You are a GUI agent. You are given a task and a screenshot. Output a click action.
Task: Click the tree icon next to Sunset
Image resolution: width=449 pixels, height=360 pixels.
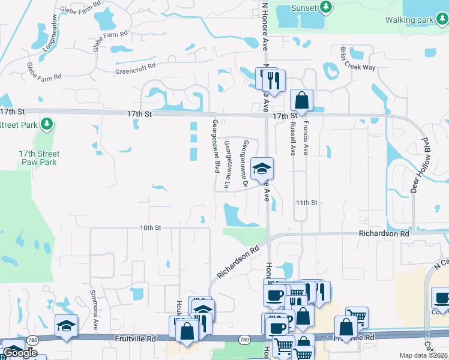[326, 7]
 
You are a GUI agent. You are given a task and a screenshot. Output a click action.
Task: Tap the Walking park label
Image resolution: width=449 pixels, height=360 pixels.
[409, 20]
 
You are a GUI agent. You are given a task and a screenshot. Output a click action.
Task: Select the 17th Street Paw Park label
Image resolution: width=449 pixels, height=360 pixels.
[39, 158]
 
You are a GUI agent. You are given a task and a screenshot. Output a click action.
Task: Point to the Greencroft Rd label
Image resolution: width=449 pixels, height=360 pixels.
[136, 70]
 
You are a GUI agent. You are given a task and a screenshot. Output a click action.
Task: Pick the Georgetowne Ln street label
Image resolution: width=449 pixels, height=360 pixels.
[228, 164]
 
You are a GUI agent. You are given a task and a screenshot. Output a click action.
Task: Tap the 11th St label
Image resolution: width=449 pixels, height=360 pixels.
[306, 203]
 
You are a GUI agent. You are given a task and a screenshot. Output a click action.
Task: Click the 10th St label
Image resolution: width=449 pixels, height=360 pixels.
[151, 228]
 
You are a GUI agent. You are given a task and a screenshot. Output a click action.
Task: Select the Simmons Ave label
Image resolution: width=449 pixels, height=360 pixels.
[94, 313]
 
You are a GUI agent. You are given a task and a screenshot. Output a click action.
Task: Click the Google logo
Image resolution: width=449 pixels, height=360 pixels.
[20, 353]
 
